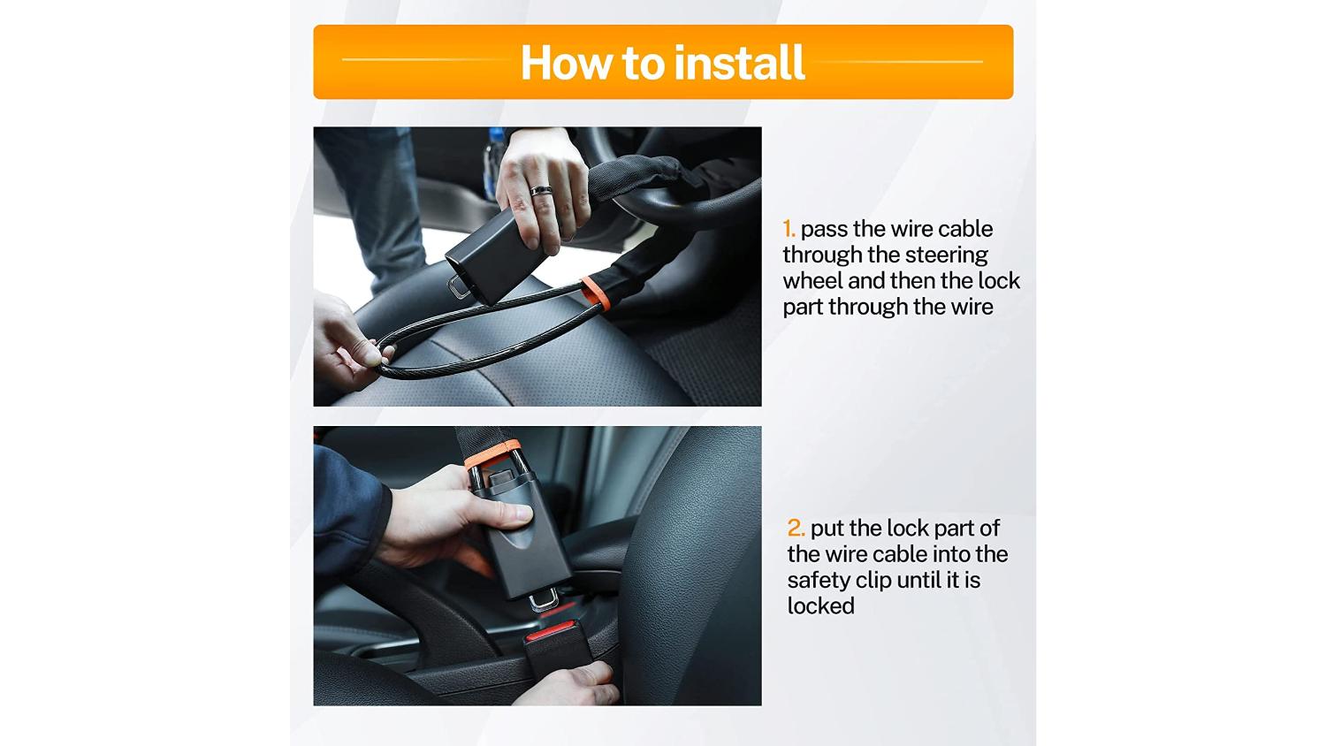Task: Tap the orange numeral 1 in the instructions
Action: coord(788,229)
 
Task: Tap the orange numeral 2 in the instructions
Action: coord(795,528)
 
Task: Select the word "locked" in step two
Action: coord(820,605)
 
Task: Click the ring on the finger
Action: coord(541,191)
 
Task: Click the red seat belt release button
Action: coord(550,632)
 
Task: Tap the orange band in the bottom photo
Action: coord(492,453)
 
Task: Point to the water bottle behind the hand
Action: coord(493,163)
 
